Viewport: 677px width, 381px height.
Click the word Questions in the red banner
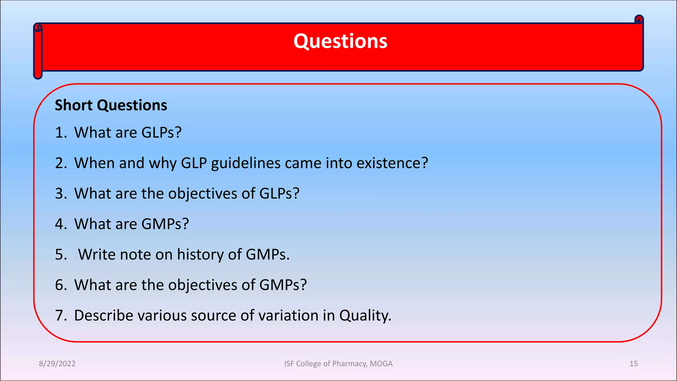click(x=340, y=41)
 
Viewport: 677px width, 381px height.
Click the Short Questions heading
click(x=111, y=106)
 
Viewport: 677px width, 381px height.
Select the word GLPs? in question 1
click(x=161, y=133)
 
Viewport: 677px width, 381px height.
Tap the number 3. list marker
click(x=61, y=193)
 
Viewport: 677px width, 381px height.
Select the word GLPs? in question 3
click(x=279, y=193)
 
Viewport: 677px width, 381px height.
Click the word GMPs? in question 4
click(x=165, y=224)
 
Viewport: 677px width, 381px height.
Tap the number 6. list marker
click(x=61, y=285)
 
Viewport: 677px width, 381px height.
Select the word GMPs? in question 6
click(x=283, y=285)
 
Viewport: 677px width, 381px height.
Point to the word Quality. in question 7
click(x=365, y=315)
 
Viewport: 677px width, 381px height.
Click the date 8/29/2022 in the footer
click(x=57, y=364)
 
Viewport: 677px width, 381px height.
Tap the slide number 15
click(x=633, y=364)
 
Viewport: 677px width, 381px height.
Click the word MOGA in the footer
click(x=381, y=364)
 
